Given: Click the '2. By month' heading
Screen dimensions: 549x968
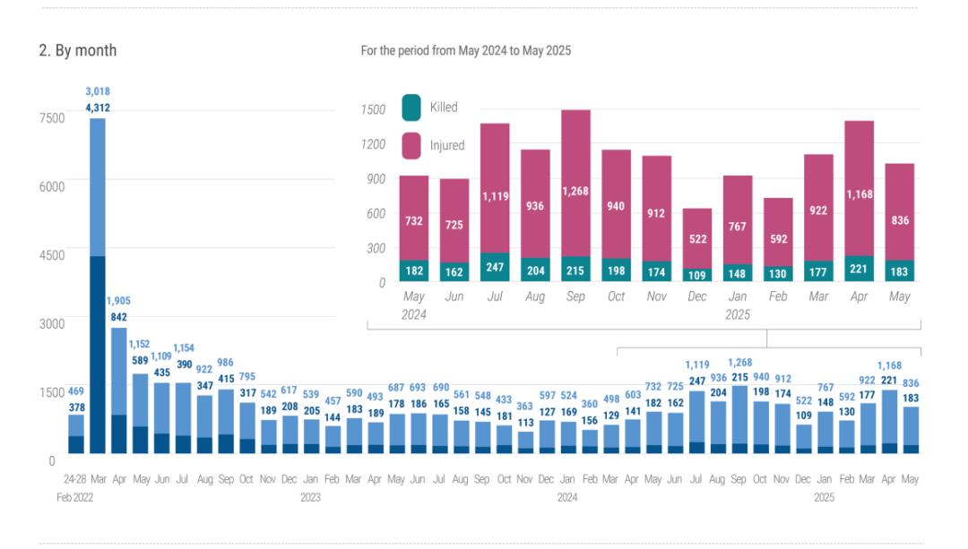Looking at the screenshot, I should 77,50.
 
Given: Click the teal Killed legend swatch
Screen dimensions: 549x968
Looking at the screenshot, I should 411,107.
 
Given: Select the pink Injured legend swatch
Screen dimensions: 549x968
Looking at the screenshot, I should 411,145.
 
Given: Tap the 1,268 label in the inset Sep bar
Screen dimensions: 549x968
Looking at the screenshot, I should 575,191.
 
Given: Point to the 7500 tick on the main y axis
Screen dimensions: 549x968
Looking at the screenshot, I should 52,117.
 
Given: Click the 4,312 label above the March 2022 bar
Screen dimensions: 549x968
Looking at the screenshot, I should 98,107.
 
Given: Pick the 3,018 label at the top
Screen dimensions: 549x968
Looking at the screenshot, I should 98,91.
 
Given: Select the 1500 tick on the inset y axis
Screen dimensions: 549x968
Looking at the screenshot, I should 374,109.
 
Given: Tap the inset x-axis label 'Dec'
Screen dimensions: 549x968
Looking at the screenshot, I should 696,296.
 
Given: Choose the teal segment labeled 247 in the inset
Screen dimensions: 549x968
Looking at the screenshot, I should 495,267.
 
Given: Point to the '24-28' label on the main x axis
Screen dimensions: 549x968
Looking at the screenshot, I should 75,480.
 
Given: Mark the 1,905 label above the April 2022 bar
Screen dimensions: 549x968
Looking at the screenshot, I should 118,301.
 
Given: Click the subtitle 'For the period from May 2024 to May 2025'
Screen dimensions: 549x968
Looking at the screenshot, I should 465,51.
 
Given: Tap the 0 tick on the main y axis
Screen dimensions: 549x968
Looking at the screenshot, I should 52,460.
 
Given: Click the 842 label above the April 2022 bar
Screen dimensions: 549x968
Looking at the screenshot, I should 118,317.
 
